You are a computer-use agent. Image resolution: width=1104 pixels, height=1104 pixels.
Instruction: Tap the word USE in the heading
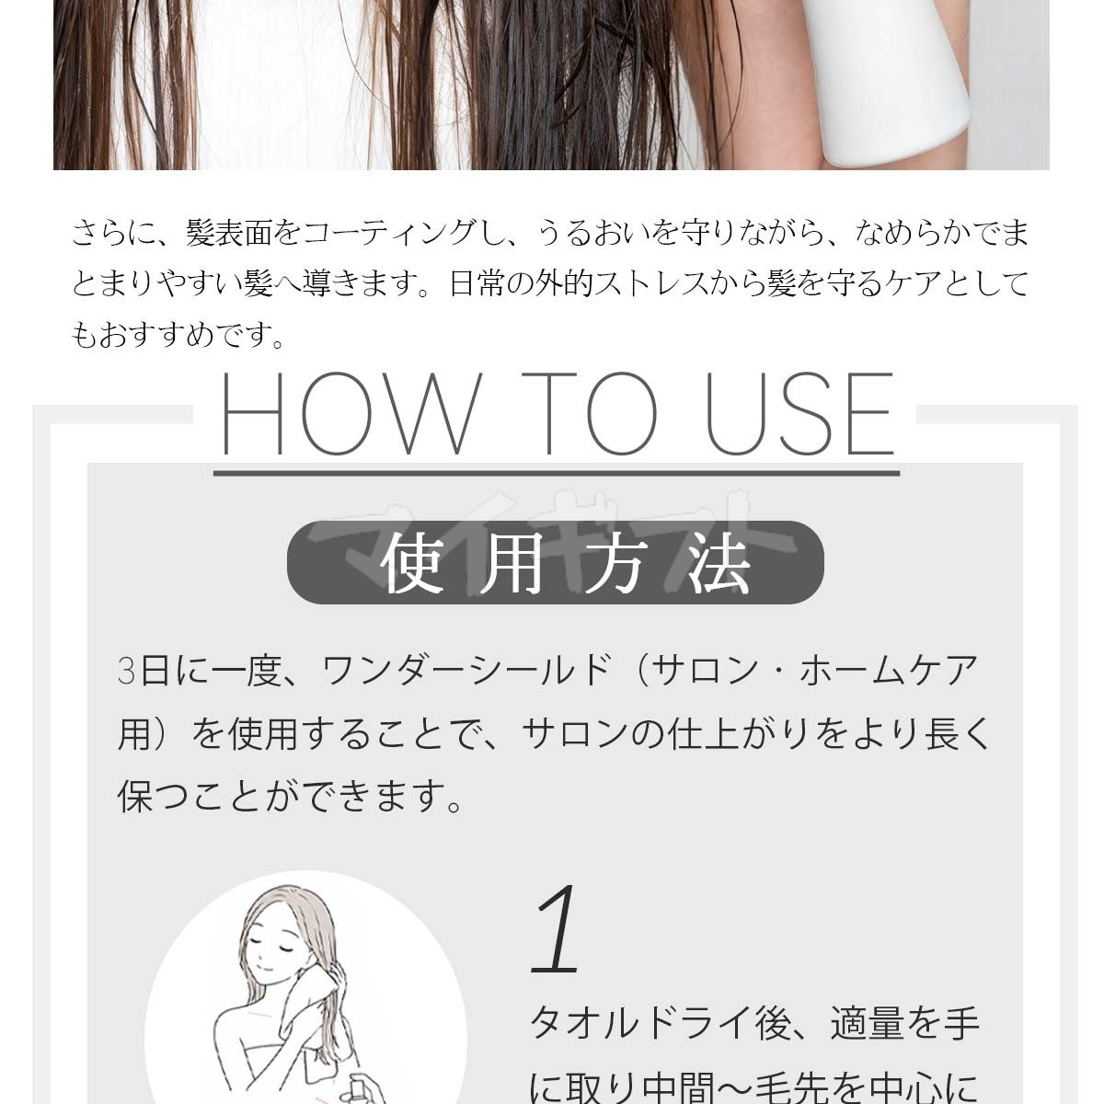799,413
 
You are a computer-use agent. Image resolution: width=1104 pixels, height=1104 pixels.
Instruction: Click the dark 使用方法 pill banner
555,562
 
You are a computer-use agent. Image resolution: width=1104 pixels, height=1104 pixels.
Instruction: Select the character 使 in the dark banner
411,563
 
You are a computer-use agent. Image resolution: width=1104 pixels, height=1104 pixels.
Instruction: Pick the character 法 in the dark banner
719,563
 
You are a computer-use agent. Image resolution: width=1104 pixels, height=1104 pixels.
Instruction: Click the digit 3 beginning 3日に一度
126,671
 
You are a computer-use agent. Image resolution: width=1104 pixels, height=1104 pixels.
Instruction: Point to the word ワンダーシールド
466,671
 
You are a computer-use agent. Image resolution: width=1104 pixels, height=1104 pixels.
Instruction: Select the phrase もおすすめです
178,335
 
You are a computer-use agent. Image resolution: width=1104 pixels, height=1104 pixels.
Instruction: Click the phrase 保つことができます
290,797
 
